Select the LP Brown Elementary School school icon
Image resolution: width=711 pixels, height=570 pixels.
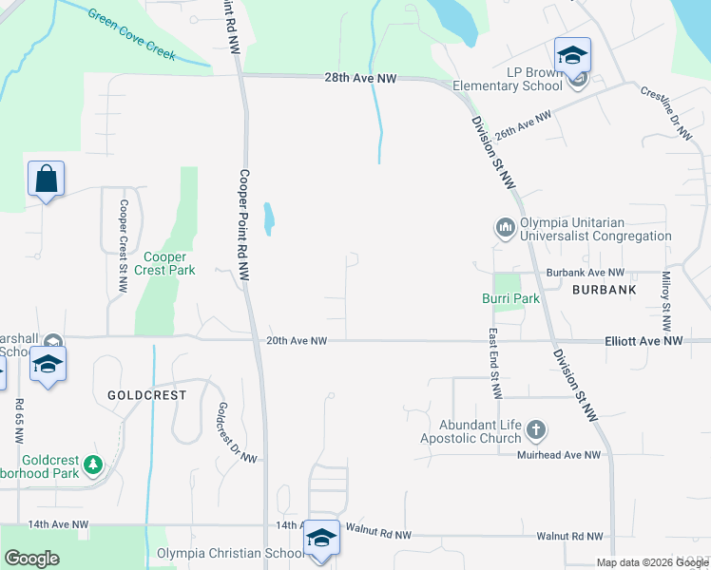click(x=573, y=56)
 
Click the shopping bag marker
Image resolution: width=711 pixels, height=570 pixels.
click(x=46, y=179)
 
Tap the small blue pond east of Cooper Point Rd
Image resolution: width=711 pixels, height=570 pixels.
click(x=270, y=218)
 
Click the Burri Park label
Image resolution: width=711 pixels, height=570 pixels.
click(x=509, y=298)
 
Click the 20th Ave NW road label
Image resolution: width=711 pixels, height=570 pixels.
click(x=297, y=340)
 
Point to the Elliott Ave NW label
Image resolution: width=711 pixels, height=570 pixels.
click(x=644, y=340)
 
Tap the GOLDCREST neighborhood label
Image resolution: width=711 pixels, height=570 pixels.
click(x=146, y=394)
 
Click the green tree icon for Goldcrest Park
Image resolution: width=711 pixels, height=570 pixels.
click(x=93, y=464)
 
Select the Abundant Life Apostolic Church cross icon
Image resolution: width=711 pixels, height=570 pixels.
click(x=536, y=430)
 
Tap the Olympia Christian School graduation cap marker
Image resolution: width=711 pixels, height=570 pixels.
click(x=322, y=538)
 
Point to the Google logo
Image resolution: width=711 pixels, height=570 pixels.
click(x=32, y=559)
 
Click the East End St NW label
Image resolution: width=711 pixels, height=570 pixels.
click(x=494, y=364)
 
